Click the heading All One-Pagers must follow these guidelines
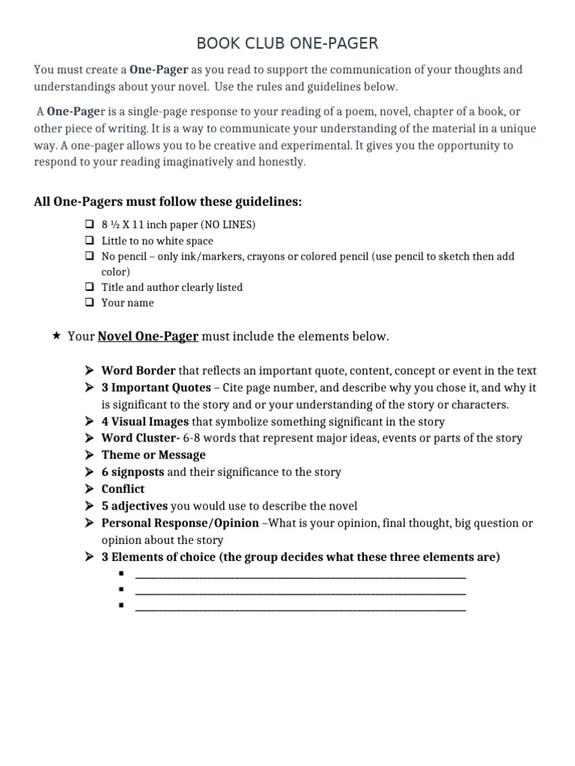(x=168, y=202)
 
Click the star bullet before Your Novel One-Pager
(x=57, y=336)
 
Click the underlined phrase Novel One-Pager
(x=147, y=337)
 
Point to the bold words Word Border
(x=139, y=371)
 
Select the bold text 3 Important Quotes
(x=156, y=388)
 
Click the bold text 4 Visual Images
(x=145, y=422)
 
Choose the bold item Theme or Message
(x=153, y=455)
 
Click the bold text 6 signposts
(x=133, y=472)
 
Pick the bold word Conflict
(x=123, y=489)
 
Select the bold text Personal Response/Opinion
(x=180, y=524)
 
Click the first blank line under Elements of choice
(x=299, y=576)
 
